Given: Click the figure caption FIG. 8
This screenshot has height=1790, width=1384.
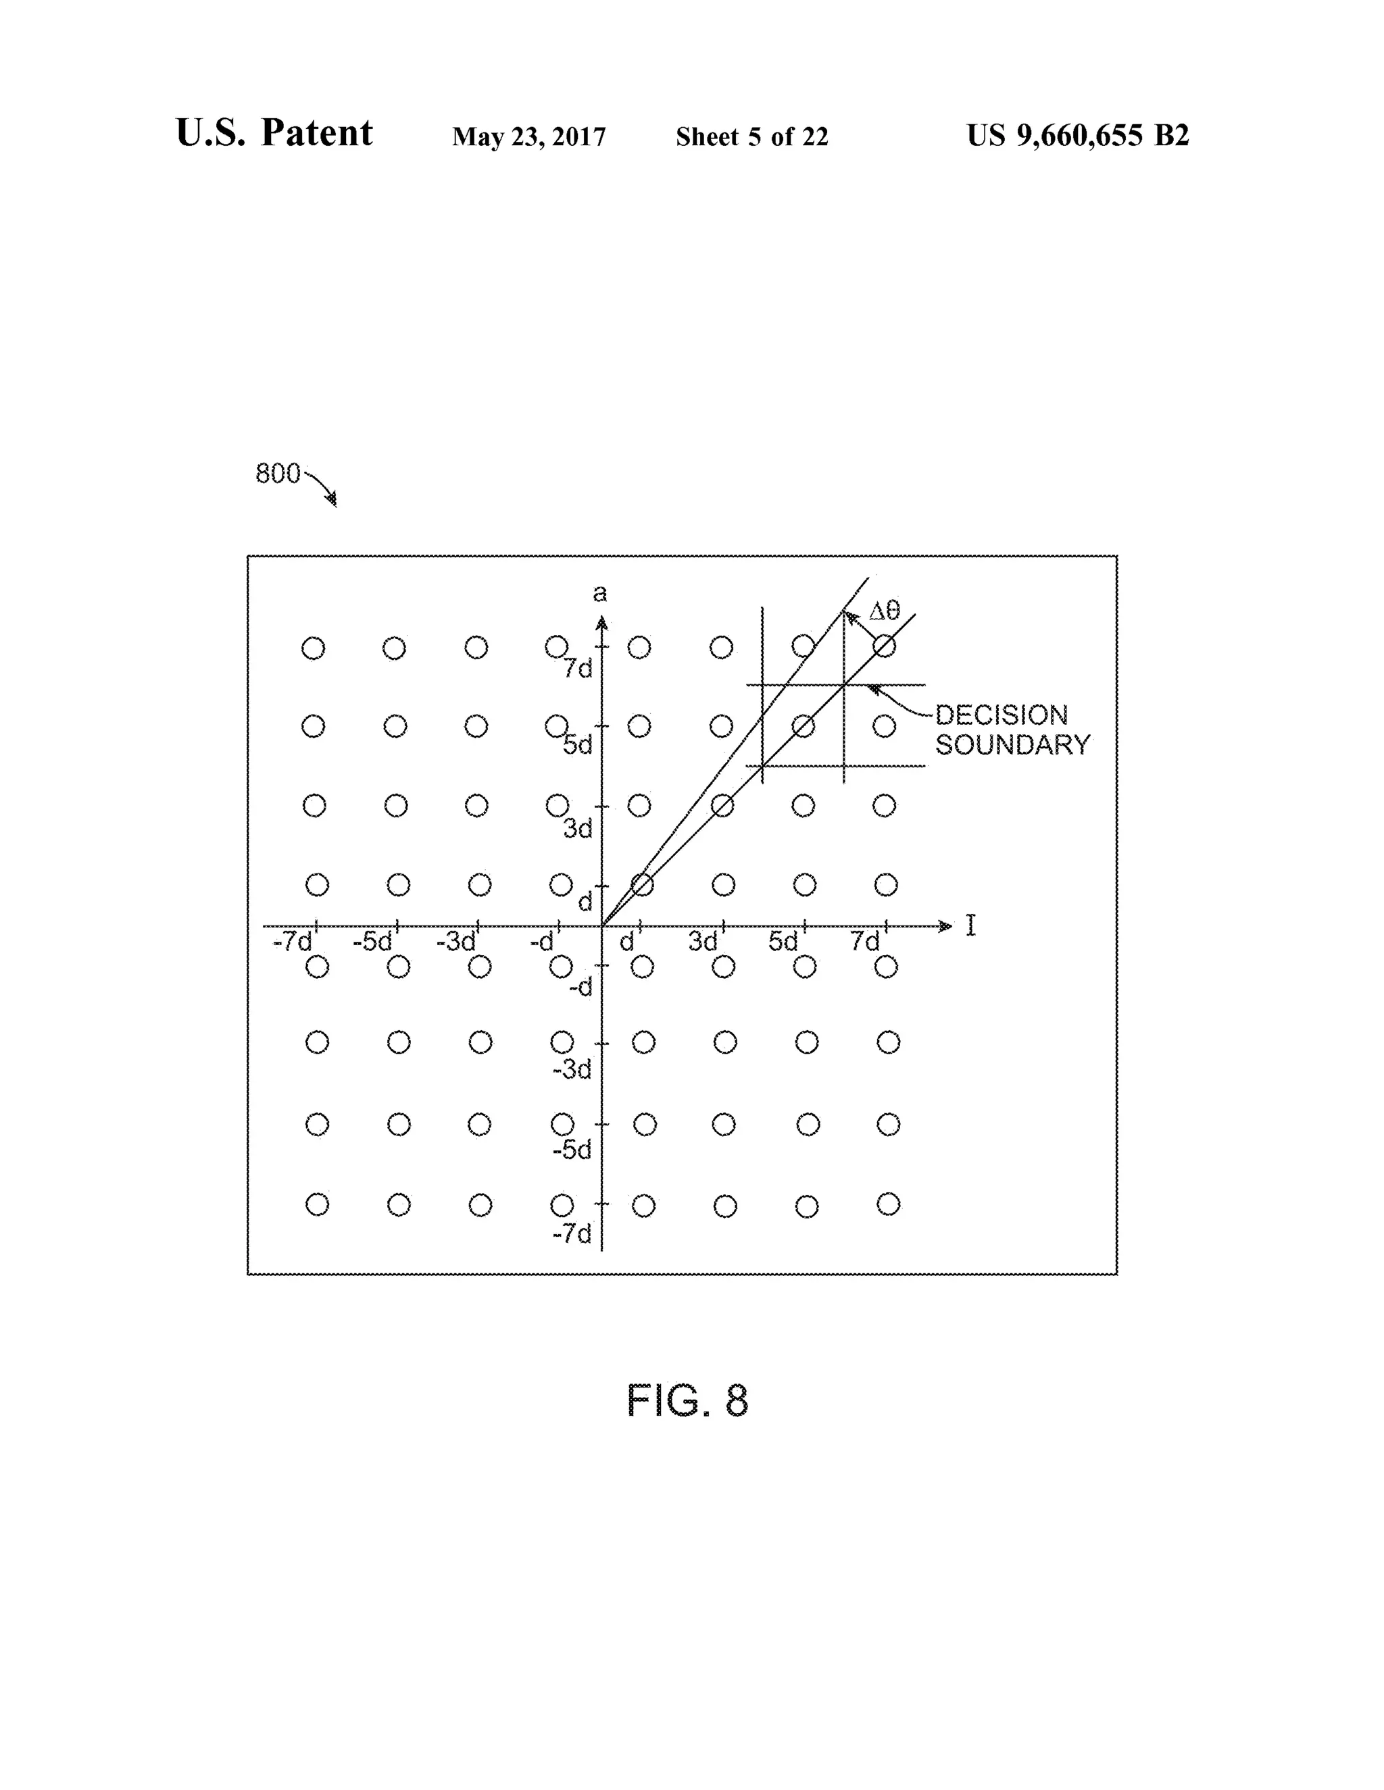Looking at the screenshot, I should [x=687, y=1401].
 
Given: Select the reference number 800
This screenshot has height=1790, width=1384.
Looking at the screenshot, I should [x=278, y=473].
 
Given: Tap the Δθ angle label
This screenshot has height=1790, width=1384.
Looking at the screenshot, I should [x=885, y=610].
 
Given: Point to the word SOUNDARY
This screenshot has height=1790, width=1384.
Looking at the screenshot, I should [x=1012, y=745].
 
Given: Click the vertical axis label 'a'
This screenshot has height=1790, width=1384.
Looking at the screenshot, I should [x=600, y=592].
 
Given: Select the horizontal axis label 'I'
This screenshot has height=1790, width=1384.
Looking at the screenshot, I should [x=971, y=926].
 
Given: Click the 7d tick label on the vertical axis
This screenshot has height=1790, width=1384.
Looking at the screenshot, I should [x=578, y=669].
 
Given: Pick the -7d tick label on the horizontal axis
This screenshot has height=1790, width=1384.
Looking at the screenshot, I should [x=293, y=942].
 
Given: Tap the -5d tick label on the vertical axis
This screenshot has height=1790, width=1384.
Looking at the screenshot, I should [x=572, y=1150].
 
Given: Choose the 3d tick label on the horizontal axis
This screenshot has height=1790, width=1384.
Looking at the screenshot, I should [x=703, y=942].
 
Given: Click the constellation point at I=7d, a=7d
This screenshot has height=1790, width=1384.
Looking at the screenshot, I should [x=884, y=646].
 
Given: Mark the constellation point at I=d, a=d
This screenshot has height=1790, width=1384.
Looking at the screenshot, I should [x=642, y=884].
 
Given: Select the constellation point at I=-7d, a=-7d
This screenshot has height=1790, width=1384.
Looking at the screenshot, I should [x=318, y=1204].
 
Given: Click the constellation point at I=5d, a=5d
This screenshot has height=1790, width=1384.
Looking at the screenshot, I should [x=804, y=725].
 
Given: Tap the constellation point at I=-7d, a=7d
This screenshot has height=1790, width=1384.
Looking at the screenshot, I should [x=313, y=648].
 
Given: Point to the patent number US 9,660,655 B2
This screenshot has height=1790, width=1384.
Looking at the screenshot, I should [x=1077, y=135].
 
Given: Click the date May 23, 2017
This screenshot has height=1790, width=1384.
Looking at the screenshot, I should [x=529, y=136].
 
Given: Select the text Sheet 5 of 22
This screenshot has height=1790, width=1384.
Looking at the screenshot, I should [x=752, y=136].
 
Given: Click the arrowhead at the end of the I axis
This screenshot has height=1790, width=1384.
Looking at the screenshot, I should [x=946, y=926].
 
